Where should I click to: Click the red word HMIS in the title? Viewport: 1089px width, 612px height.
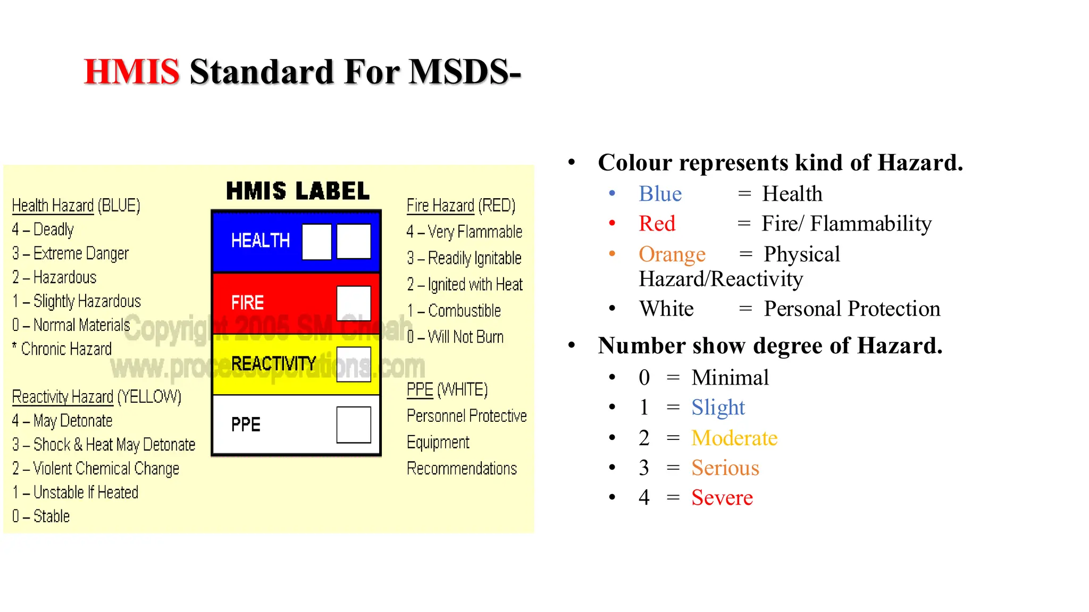[132, 72]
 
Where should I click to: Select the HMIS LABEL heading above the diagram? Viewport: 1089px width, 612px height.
[298, 191]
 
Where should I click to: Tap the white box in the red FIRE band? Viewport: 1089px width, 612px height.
[354, 303]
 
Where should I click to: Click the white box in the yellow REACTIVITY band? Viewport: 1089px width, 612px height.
[354, 364]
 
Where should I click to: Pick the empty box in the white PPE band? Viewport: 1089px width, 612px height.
[354, 424]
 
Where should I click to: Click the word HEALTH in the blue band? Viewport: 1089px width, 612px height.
[261, 241]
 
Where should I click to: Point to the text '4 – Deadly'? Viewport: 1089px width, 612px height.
[43, 229]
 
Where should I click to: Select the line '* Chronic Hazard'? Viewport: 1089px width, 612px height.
[62, 349]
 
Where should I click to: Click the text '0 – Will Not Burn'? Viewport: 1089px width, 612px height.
[455, 337]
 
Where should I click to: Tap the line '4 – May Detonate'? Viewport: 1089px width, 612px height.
[62, 421]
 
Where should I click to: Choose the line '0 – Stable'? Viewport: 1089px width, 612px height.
[41, 516]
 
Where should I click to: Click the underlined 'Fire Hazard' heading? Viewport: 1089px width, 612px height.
[440, 206]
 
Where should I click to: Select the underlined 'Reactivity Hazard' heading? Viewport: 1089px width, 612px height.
[63, 397]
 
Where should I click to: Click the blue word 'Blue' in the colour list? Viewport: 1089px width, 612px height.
[660, 194]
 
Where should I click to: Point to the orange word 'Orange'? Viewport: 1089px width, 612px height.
[672, 254]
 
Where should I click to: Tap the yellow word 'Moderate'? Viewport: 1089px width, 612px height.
[734, 438]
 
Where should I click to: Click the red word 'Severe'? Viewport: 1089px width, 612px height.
[722, 498]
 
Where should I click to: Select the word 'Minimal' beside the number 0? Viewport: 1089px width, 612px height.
[730, 378]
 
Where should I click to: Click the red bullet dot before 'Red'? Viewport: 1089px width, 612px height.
[612, 223]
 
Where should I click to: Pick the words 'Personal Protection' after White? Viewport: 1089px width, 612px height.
[852, 309]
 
